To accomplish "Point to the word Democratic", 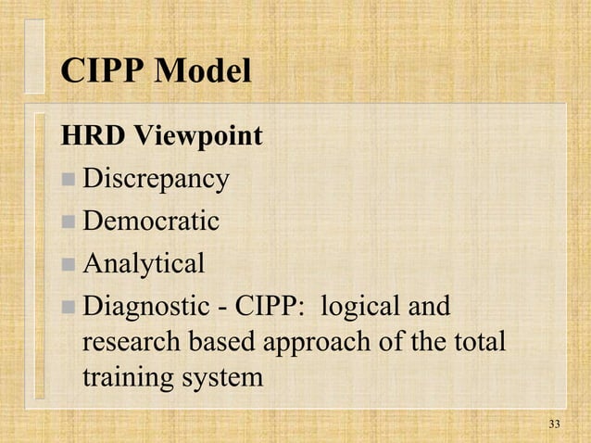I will [151, 222].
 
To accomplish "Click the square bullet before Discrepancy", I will [69, 180].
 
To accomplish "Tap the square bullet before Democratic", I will [69, 222].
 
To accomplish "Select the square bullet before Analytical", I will [69, 265].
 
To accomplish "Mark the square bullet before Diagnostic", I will [69, 307].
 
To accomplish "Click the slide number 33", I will [554, 424].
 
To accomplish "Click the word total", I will [478, 342].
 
